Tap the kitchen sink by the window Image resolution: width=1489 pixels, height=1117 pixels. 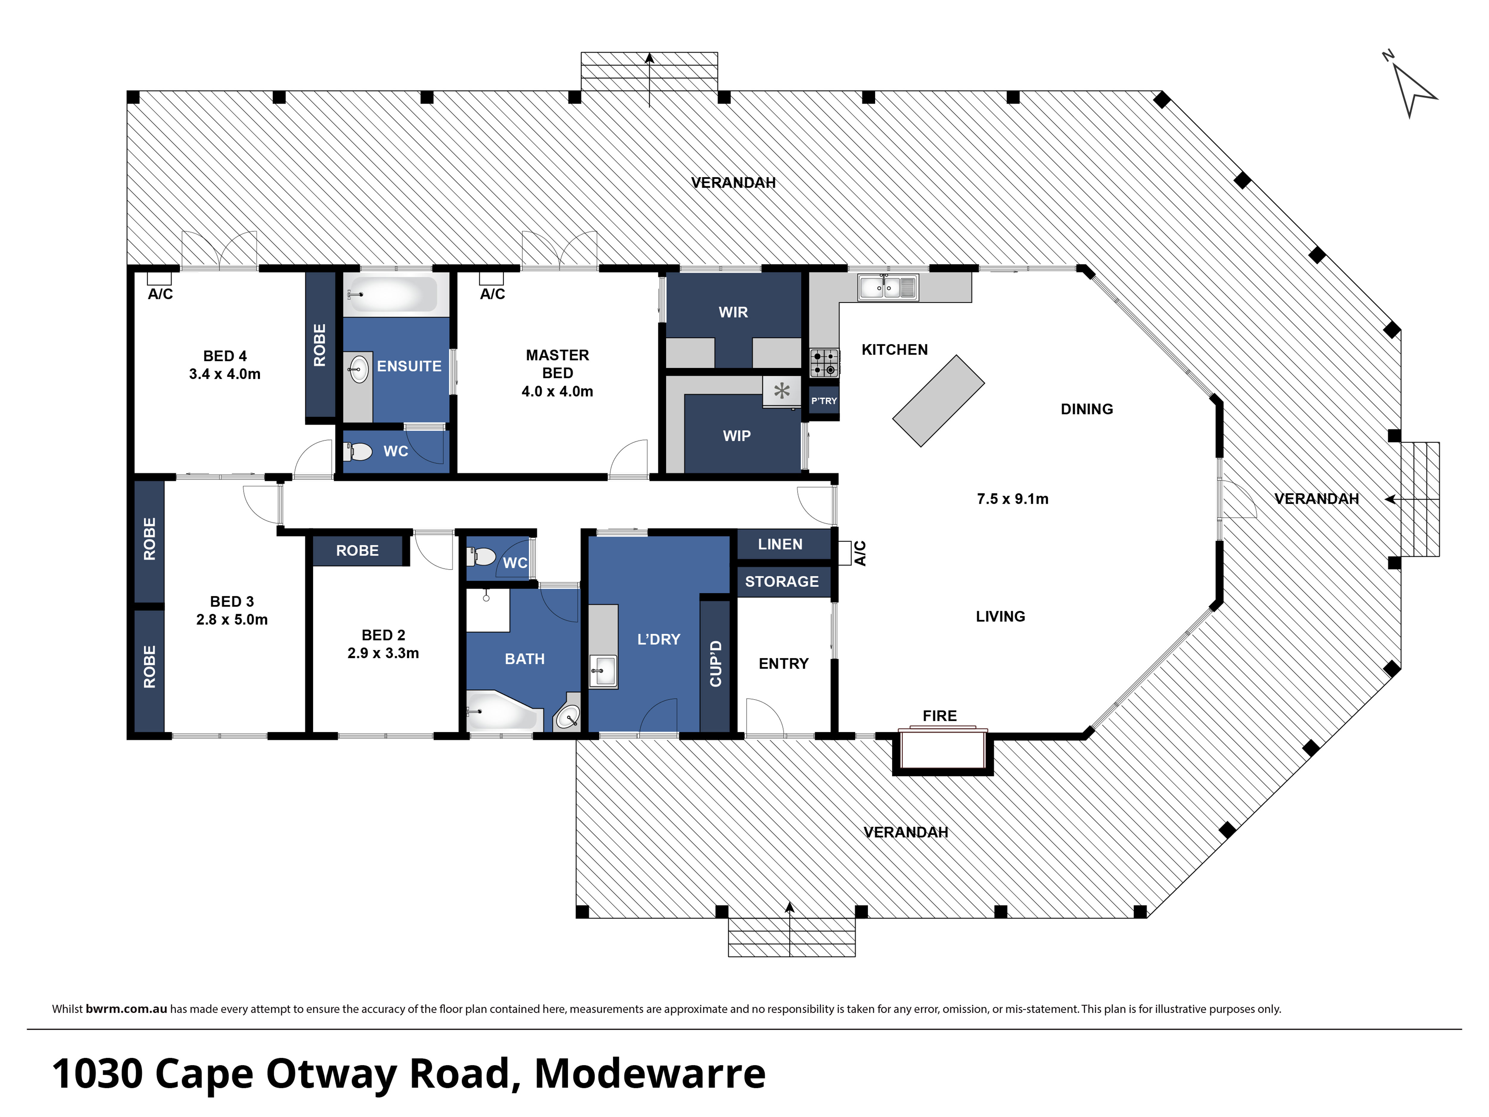click(887, 287)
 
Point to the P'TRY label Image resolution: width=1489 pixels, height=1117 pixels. click(824, 401)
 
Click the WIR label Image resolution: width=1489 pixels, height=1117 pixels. click(733, 313)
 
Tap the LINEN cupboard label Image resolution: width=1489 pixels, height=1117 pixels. click(780, 544)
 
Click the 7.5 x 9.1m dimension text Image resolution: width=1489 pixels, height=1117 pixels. click(1012, 499)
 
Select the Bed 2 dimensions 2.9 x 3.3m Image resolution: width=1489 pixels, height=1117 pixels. click(383, 653)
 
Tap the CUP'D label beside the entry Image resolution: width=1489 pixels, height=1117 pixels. click(715, 664)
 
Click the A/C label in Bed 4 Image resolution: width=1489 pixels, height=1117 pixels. click(160, 294)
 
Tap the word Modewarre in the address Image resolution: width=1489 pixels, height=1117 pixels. click(650, 1074)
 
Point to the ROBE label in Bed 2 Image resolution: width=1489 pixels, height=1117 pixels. click(357, 551)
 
